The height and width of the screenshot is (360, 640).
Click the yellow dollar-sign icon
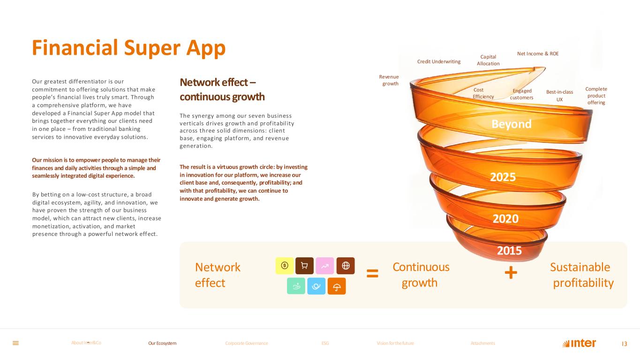click(x=285, y=266)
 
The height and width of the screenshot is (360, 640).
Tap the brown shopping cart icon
click(x=304, y=266)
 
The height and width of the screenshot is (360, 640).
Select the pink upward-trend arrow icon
click(x=325, y=266)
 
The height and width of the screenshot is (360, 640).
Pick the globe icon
click(x=346, y=266)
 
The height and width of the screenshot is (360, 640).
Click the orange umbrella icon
click(x=337, y=286)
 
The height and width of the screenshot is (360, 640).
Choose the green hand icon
click(x=296, y=286)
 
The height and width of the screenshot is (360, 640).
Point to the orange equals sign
click(x=372, y=274)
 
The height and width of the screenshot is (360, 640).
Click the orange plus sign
click(x=511, y=273)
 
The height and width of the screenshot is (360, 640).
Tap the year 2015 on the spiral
click(x=509, y=250)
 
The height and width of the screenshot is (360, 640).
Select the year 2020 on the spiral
click(x=505, y=218)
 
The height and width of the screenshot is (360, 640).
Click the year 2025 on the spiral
click(x=503, y=177)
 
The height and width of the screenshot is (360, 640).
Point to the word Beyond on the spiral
click(x=512, y=124)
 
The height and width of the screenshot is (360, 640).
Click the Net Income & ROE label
click(x=538, y=54)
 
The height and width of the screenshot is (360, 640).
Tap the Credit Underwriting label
click(x=439, y=61)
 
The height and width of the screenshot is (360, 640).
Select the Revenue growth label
click(x=389, y=80)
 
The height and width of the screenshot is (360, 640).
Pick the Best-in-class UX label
click(x=560, y=96)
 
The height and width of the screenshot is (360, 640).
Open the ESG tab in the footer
click(x=325, y=343)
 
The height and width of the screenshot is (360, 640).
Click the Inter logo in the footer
click(x=579, y=344)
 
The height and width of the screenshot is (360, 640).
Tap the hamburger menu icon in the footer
click(x=15, y=343)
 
